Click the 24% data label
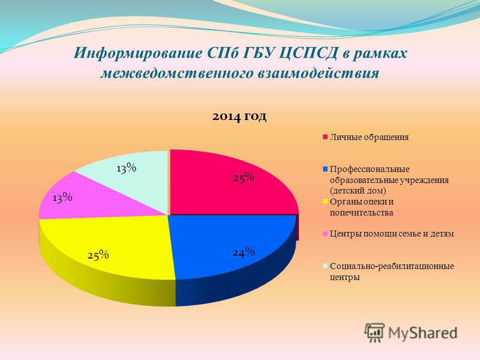244,252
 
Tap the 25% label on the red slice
244,178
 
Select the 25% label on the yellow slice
98,255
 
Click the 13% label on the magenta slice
62,198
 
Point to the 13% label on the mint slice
126,168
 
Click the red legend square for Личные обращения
325,137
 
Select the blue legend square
325,169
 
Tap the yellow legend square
325,202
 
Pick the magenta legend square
325,234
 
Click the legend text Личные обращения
369,137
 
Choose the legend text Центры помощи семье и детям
392,234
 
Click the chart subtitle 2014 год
239,116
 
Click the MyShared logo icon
374,332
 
